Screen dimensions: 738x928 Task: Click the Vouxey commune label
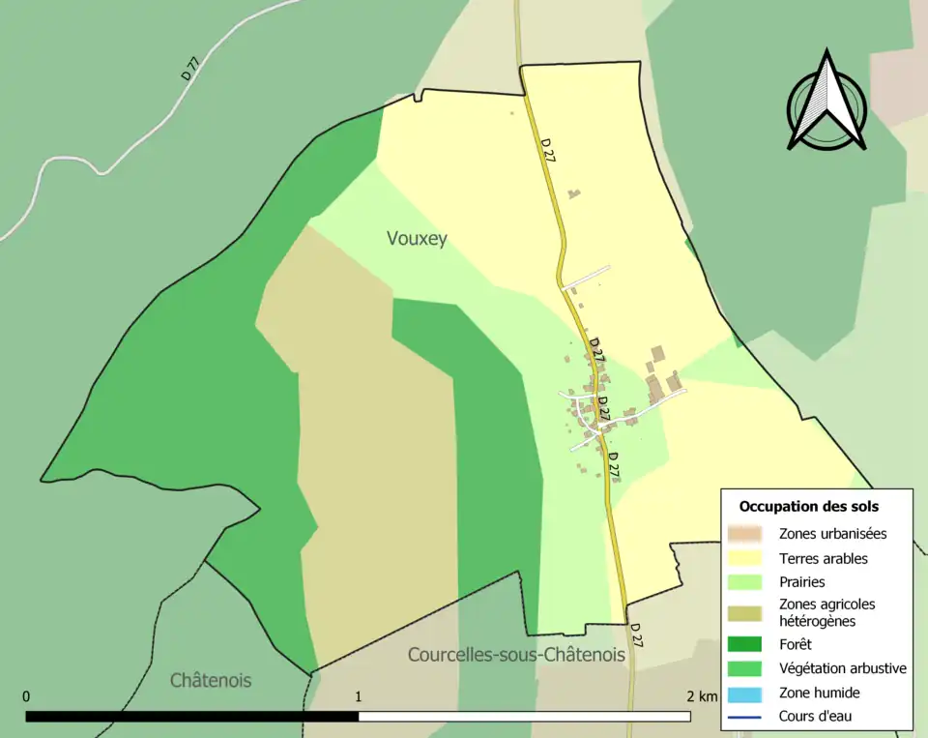[417, 239]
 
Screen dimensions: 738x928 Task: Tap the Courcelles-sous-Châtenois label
[515, 655]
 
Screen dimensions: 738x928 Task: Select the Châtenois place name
[210, 680]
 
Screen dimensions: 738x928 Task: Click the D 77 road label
[190, 69]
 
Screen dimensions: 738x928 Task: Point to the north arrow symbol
[826, 102]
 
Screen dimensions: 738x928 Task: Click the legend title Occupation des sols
[808, 506]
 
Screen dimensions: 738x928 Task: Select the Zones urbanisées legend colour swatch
[745, 533]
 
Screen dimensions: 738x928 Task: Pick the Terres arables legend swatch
[745, 558]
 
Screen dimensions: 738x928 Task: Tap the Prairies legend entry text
[801, 582]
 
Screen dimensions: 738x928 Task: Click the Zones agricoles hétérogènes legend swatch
[745, 612]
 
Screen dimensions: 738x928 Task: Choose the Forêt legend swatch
[745, 644]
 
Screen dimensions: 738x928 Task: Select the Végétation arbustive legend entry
[842, 667]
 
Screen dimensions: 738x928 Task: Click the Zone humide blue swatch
[745, 693]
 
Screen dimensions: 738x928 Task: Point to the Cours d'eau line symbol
[745, 717]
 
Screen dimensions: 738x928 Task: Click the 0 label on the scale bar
[26, 696]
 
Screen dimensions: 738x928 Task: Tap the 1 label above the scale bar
[359, 696]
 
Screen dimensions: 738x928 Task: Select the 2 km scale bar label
[703, 696]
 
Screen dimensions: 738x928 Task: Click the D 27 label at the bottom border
[637, 635]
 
